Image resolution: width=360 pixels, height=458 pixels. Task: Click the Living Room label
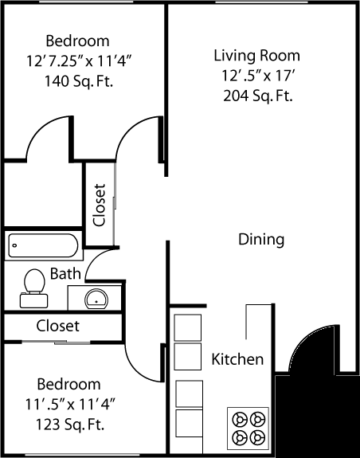(x=256, y=56)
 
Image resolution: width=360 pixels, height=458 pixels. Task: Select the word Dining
(x=261, y=239)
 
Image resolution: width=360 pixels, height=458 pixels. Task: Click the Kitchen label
(x=237, y=359)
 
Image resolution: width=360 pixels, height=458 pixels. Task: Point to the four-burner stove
(x=248, y=427)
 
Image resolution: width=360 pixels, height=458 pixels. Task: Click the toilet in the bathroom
(x=33, y=286)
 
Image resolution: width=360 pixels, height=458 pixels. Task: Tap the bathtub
(x=43, y=246)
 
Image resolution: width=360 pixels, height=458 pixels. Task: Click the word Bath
(x=65, y=274)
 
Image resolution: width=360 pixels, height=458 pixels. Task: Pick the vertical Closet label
(x=99, y=206)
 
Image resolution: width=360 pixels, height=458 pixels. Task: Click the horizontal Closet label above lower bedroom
(x=58, y=326)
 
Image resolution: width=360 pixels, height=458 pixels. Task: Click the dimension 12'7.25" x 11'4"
(x=77, y=60)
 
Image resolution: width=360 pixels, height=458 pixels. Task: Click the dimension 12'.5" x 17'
(x=256, y=76)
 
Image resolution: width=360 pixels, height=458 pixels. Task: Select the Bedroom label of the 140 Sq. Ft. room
(x=77, y=41)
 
